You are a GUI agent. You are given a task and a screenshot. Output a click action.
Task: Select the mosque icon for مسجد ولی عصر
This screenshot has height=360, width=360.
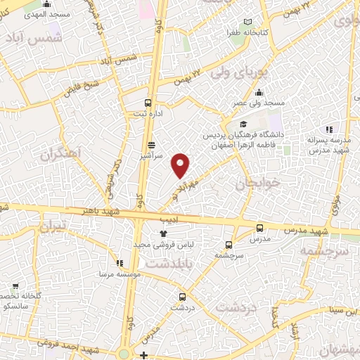(x=259, y=92)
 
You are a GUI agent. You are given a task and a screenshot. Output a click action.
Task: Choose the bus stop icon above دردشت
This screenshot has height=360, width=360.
(x=182, y=297)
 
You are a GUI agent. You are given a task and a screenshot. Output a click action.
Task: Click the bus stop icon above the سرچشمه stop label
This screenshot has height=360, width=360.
(x=229, y=245)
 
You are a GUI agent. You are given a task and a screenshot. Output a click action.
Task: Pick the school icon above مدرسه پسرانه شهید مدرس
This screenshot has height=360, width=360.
(x=328, y=129)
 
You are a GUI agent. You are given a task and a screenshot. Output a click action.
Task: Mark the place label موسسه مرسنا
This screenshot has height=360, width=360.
(x=117, y=272)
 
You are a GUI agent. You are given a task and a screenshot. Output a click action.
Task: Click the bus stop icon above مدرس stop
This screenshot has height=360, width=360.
(x=260, y=227)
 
